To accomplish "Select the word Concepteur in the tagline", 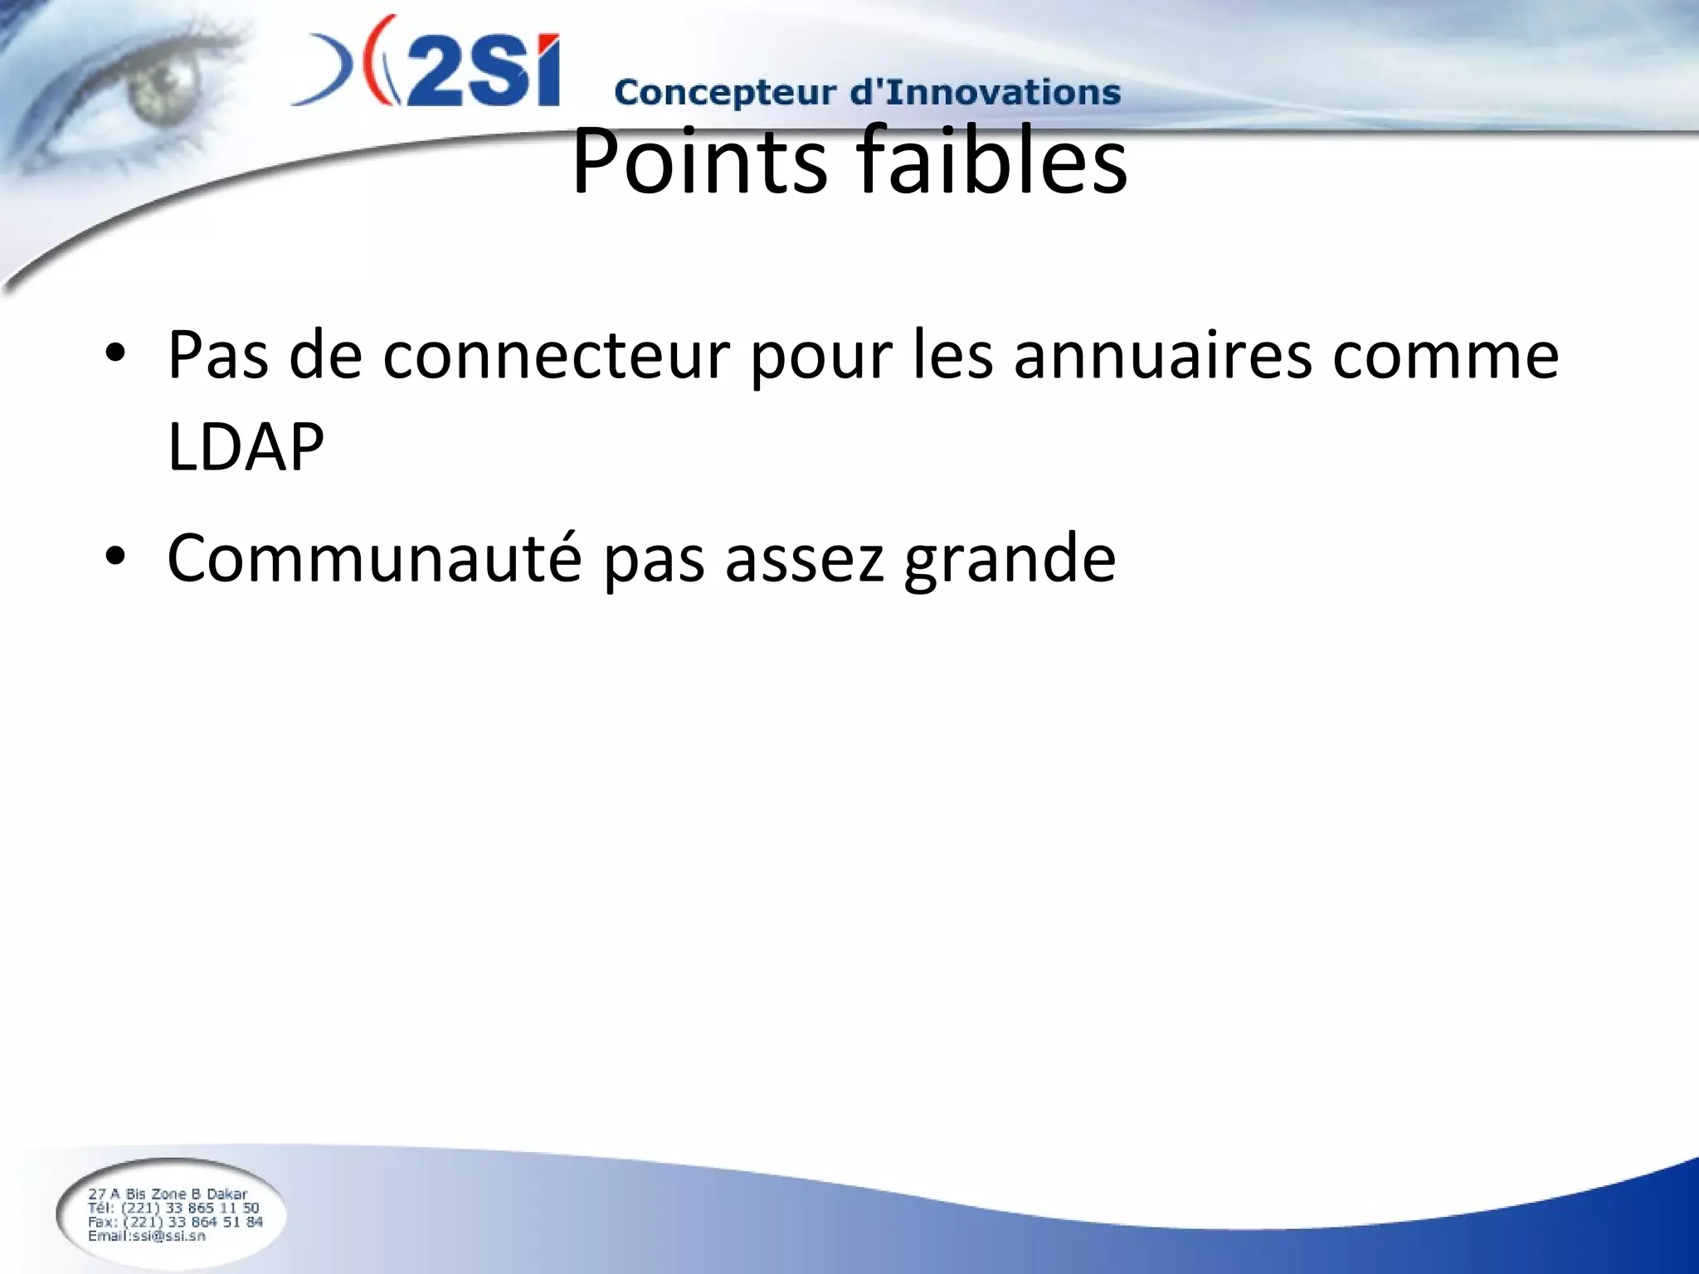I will point(724,92).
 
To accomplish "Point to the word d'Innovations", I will point(985,91).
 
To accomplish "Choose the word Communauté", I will point(374,557).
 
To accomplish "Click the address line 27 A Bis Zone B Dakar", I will point(168,1194).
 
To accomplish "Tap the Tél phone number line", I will point(173,1208).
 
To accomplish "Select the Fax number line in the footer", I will point(175,1222).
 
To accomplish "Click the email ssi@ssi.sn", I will point(147,1236).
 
